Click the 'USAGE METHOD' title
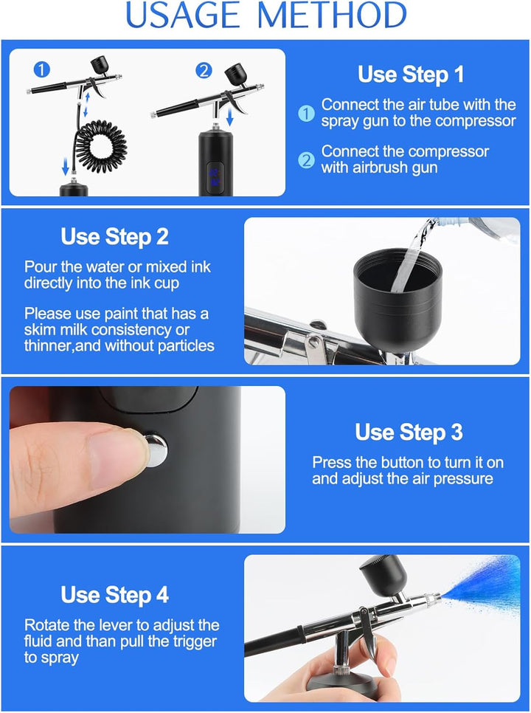coord(265,15)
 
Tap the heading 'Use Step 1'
coord(411,74)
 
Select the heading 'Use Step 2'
coord(114,237)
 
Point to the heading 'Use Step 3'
coord(409,432)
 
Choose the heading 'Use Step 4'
coord(114,595)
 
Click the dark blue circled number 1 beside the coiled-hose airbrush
coord(42,70)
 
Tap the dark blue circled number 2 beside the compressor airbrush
coord(204,70)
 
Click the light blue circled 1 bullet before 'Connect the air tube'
coord(307,113)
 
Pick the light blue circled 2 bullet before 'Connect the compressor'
coord(307,160)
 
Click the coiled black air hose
coord(101,145)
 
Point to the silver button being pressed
coord(156,450)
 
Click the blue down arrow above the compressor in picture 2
coord(230,115)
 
